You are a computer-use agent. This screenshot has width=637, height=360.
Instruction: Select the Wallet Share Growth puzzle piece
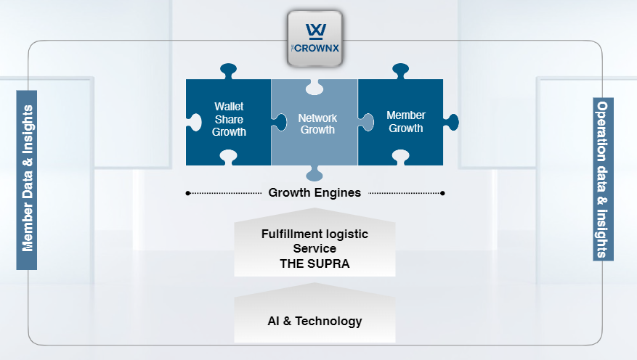[229, 120]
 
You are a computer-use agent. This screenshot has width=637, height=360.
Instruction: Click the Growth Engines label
[315, 193]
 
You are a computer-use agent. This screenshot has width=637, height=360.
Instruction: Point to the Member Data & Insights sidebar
[28, 181]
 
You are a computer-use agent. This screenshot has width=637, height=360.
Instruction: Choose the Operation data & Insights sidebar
[603, 179]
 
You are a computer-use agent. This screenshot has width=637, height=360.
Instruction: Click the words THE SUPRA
[315, 264]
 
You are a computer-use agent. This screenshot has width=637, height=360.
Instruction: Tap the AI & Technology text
[315, 321]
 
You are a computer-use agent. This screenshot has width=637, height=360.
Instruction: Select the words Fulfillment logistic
[315, 234]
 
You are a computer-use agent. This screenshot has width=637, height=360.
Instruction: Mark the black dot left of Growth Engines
[188, 193]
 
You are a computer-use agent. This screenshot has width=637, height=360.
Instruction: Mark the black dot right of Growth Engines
[443, 193]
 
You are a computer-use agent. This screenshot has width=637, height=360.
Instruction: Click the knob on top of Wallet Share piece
[228, 71]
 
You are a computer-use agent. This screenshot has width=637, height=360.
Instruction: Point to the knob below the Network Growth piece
[315, 173]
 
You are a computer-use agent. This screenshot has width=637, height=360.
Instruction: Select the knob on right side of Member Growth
[452, 120]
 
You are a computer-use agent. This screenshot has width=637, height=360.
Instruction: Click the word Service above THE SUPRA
[315, 249]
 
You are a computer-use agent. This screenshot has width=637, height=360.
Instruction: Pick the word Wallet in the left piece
[229, 107]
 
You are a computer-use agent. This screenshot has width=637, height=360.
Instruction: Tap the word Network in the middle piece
[317, 118]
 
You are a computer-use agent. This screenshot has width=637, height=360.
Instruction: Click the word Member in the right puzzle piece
[405, 115]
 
